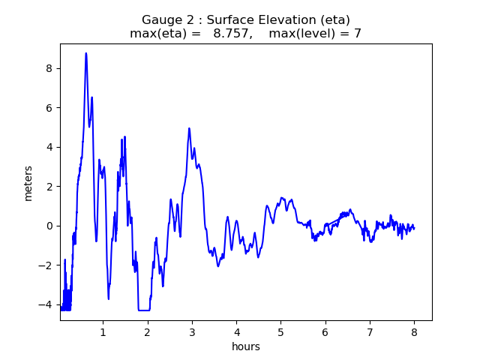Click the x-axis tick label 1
pos(103,332)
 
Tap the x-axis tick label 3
pos(192,332)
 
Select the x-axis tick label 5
pos(280,332)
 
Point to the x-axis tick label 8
pos(414,332)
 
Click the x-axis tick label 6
pos(325,332)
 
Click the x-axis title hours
pos(246,346)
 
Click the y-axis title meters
pos(28,183)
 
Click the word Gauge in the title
pos(160,19)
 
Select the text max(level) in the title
pos(307,34)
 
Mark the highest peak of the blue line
pos(86,53)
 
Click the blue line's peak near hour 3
pos(189,128)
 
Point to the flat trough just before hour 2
pos(144,310)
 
